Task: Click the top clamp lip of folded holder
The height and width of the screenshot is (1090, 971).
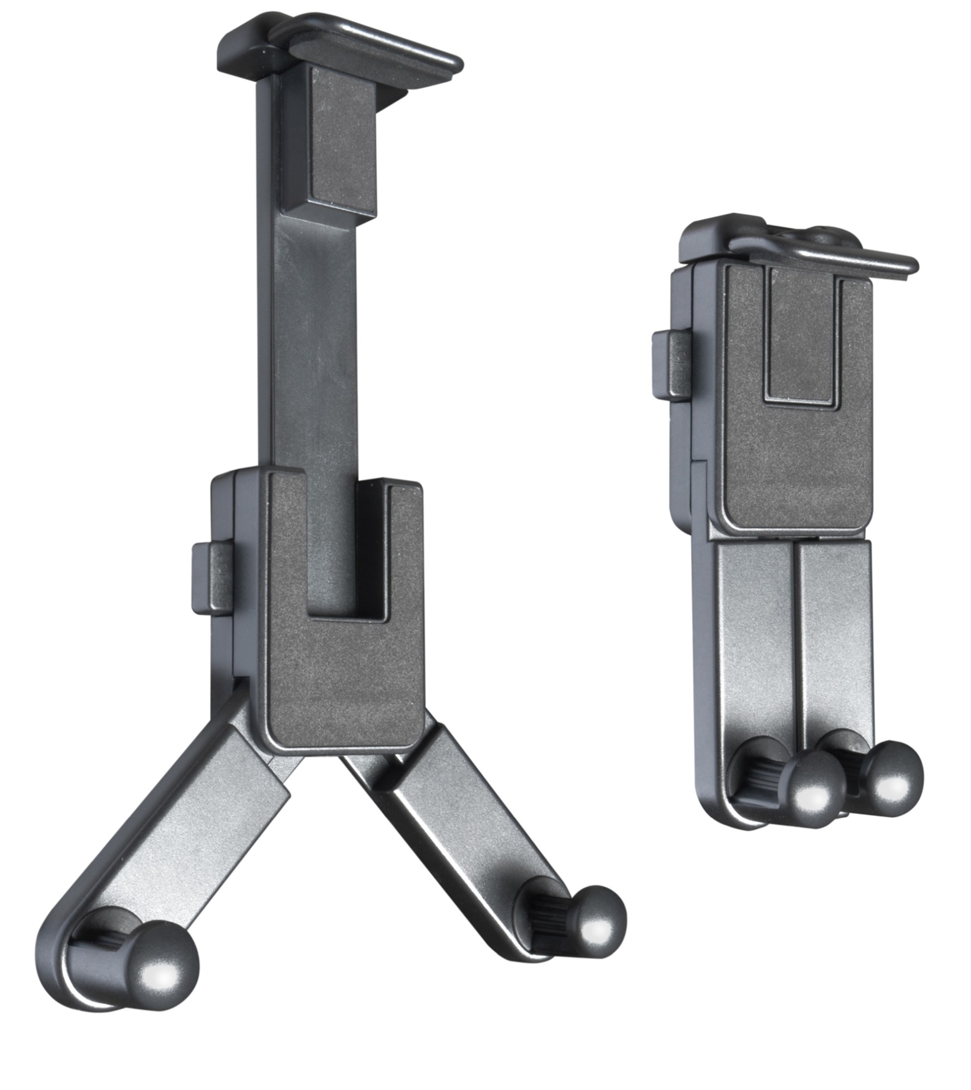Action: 850,259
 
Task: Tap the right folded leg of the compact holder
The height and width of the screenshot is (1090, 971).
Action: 834,627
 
